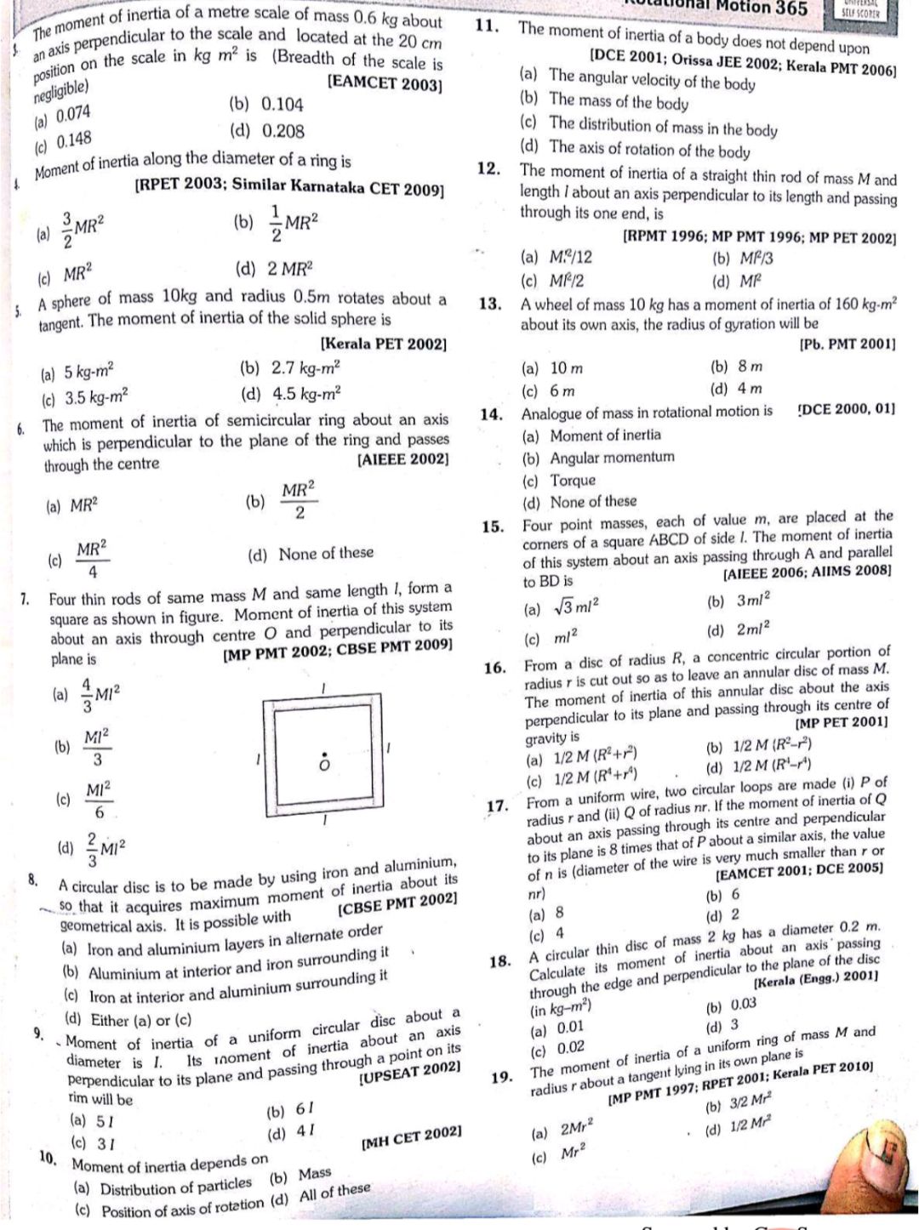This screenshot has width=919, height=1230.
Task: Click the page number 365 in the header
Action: pyautogui.click(x=787, y=9)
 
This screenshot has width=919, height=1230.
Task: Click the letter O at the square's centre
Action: pyautogui.click(x=323, y=765)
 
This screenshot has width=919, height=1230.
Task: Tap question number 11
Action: pyautogui.click(x=487, y=26)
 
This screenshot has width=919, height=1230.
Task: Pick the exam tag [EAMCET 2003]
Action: pyautogui.click(x=385, y=85)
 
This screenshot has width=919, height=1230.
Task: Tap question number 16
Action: pyautogui.click(x=495, y=668)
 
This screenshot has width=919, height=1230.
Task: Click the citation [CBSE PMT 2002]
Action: pyautogui.click(x=398, y=903)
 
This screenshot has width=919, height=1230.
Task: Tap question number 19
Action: pyautogui.click(x=502, y=1079)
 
